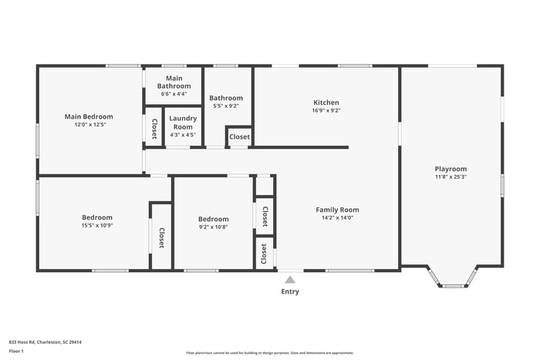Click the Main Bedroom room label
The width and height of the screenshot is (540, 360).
click(x=88, y=116)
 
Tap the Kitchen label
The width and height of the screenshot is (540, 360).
click(x=326, y=103)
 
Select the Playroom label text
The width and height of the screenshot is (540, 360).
click(x=451, y=169)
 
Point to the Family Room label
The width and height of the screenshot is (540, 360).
click(x=337, y=210)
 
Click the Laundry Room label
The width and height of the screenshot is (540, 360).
click(x=183, y=123)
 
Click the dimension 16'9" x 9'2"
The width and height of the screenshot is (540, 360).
click(x=326, y=110)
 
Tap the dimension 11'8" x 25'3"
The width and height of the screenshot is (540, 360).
click(x=451, y=177)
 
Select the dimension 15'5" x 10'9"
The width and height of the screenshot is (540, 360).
click(x=97, y=225)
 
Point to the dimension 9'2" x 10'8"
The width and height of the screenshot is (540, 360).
click(x=213, y=227)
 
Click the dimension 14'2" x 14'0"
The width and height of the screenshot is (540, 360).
click(x=337, y=217)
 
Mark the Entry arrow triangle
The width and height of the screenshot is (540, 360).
click(x=290, y=280)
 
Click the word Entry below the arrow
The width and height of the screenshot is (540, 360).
click(x=290, y=291)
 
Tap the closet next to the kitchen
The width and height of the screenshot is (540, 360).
click(x=239, y=137)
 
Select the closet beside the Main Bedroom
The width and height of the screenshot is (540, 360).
click(x=154, y=128)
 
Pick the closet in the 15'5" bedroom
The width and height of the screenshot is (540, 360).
click(x=161, y=237)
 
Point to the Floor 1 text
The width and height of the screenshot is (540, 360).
click(x=17, y=351)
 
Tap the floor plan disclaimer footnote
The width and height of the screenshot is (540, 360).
click(x=268, y=352)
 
